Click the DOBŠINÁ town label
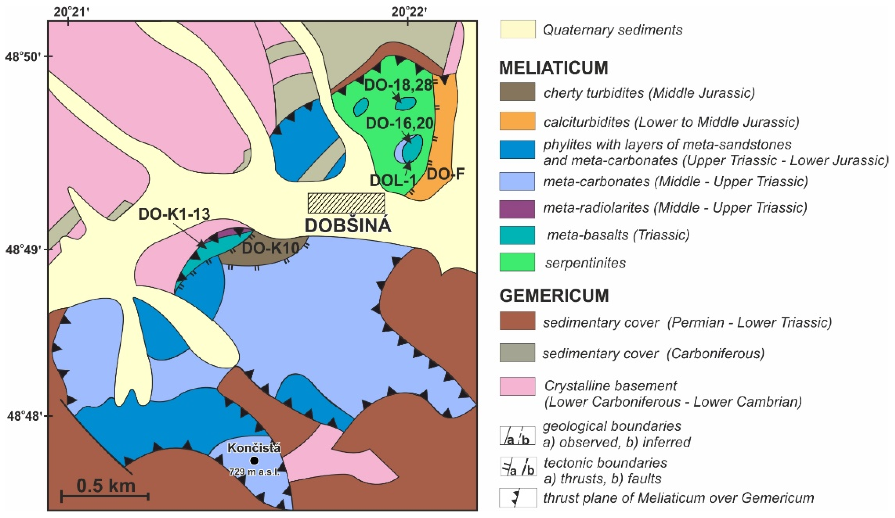348,226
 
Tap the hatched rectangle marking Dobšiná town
346,203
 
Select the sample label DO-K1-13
174,214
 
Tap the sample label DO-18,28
398,85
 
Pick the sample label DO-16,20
400,123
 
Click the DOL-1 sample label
393,181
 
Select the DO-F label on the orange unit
445,174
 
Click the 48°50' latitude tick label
23,57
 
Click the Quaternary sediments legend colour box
517,29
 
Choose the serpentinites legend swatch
517,262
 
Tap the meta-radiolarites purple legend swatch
517,209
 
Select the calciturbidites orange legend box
517,121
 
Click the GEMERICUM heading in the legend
554,296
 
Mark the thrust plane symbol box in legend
518,498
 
